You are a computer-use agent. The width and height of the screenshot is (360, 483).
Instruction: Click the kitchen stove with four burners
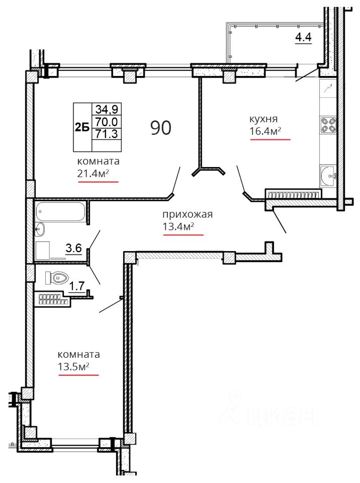(x=328, y=125)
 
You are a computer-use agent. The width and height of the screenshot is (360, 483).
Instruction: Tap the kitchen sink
(x=328, y=176)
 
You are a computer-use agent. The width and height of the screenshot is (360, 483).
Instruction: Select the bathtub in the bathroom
(x=60, y=211)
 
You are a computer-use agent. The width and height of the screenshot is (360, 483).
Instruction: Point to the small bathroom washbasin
(x=40, y=229)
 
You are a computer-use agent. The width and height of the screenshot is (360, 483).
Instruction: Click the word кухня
(x=263, y=119)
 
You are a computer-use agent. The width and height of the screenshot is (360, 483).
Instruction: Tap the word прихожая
(x=187, y=214)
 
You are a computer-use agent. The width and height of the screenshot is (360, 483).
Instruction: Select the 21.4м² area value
(x=94, y=174)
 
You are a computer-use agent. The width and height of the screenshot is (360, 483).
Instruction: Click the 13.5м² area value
(x=73, y=367)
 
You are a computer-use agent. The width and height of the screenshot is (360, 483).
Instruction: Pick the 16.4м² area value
(x=265, y=131)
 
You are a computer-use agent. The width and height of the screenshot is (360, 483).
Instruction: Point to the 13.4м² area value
(x=178, y=227)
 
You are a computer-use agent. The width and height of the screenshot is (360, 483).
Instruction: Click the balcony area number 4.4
(x=303, y=37)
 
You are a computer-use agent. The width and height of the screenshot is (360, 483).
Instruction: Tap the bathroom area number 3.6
(x=74, y=248)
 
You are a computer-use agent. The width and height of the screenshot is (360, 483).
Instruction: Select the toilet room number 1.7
(x=76, y=286)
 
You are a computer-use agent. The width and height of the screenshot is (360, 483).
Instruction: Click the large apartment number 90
(x=161, y=127)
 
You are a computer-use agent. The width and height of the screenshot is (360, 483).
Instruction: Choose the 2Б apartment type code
(x=82, y=127)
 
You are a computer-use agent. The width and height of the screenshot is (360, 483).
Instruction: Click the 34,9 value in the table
(x=107, y=109)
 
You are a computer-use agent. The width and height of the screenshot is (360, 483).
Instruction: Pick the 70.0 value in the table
(x=107, y=122)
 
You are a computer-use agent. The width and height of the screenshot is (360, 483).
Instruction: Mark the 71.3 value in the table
(x=107, y=134)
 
